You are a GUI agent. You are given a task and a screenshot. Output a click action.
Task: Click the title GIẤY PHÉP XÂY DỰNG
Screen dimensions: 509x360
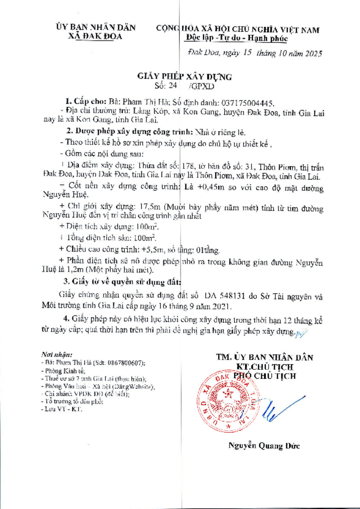coord(184,77)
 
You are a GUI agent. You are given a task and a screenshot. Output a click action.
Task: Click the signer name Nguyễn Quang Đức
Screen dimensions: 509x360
coord(264,446)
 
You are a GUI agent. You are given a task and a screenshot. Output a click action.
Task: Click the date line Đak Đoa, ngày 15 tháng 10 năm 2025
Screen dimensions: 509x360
coord(255,53)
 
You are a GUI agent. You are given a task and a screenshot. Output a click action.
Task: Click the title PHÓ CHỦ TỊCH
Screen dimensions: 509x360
coord(264,376)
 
